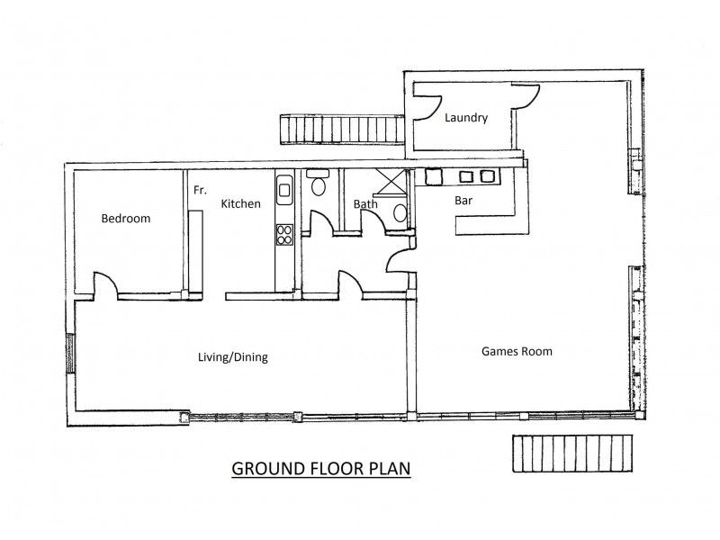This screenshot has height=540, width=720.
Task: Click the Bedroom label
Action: [126, 219]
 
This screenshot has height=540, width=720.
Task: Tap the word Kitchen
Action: [240, 204]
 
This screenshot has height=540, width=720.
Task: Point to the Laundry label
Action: [466, 118]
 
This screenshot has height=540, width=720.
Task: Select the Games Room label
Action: [517, 352]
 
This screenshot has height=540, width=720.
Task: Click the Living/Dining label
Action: [233, 357]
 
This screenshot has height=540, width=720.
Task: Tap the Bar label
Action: [463, 201]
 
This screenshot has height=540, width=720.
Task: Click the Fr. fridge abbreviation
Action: [200, 190]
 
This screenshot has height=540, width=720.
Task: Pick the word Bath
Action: [365, 204]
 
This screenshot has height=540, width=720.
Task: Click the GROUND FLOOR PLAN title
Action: [321, 468]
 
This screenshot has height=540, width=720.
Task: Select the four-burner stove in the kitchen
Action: [284, 234]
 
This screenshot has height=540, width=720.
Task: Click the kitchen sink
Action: [283, 189]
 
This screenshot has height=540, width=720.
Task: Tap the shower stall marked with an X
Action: [391, 184]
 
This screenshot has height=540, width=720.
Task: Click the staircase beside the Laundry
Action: [342, 130]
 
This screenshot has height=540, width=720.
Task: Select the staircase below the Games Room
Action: [572, 454]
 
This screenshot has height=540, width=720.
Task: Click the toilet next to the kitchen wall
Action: [318, 183]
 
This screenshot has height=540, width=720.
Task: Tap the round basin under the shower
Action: [400, 213]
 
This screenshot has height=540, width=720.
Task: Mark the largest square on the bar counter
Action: [433, 176]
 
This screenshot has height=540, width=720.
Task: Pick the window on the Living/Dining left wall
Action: [71, 354]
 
